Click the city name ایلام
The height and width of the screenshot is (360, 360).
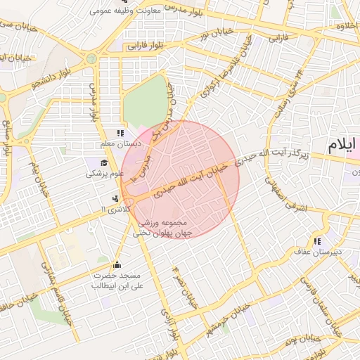[342, 146]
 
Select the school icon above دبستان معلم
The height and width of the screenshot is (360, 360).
[120, 132]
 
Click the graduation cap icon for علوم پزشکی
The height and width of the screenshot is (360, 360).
[94, 162]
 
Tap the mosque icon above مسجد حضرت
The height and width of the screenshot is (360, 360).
[116, 265]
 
